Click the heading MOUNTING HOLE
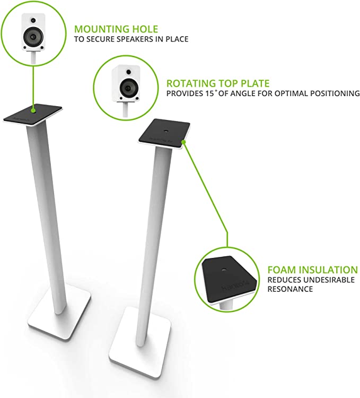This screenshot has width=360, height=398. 116,29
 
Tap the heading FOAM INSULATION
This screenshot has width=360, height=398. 312,270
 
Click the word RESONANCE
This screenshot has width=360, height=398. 290,289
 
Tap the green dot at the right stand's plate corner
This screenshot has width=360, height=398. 182,141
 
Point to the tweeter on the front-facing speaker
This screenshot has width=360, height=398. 33,21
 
